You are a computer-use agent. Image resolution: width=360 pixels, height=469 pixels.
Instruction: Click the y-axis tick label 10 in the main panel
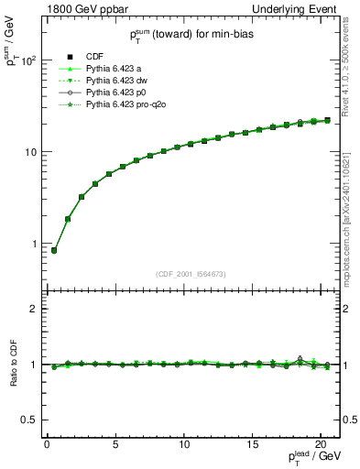coord(31,152)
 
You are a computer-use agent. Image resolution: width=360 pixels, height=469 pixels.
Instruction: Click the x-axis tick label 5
coord(115,444)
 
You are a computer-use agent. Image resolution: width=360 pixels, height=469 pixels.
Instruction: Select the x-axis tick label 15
coord(252,444)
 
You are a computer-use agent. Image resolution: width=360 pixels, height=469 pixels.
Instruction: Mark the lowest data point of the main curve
coord(53,250)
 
